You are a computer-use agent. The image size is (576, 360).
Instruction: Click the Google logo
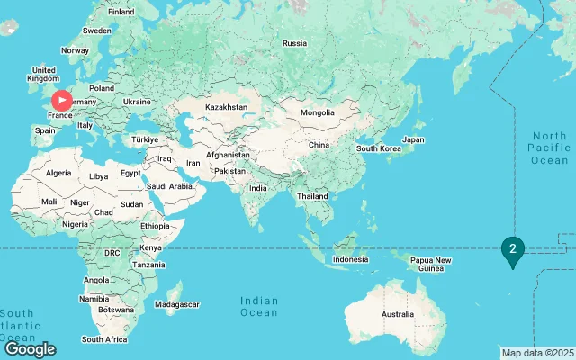30,349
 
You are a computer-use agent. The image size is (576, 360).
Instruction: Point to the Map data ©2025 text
537,352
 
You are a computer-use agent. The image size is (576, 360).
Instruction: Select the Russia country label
294,43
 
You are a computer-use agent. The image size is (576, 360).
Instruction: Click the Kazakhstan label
226,107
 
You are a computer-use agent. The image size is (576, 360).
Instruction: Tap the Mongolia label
318,113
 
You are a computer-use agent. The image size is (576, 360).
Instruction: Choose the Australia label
397,314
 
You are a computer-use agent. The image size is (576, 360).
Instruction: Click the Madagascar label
178,304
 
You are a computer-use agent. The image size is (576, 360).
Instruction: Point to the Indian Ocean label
259,306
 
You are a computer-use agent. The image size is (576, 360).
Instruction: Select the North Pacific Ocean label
549,148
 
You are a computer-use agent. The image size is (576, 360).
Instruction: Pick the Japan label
413,139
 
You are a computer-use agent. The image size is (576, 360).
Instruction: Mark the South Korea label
378,148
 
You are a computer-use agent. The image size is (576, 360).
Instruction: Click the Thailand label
312,195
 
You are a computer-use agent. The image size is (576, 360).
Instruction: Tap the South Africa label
104,339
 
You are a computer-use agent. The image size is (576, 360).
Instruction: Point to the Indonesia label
350,259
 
